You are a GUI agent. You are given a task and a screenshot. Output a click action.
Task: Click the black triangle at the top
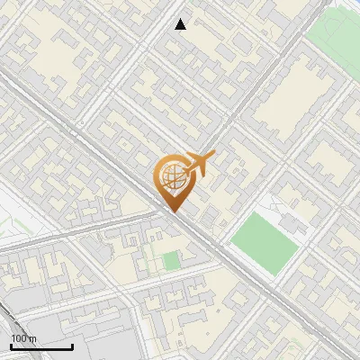[181, 24]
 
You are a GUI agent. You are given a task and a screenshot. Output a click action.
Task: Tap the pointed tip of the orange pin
[173, 211]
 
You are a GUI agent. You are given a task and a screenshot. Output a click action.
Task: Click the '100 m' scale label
[23, 338]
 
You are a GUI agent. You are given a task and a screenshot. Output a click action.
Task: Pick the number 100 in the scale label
[19, 338]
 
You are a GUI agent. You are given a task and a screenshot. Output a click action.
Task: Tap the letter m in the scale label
[32, 338]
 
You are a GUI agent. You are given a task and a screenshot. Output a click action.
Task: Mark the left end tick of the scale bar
[11, 346]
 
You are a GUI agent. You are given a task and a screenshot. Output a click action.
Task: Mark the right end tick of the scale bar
[73, 346]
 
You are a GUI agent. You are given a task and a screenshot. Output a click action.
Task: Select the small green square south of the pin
[170, 262]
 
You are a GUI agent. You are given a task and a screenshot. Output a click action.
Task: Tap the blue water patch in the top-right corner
[354, 4]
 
